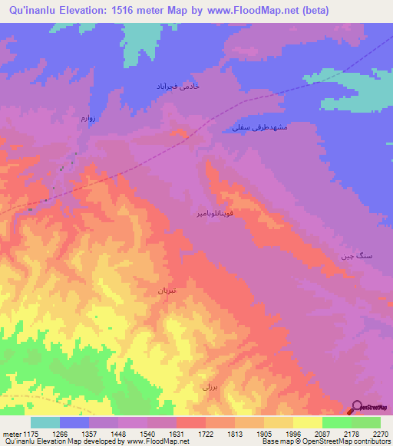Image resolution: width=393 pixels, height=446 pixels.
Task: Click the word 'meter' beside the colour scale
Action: (x=12, y=434)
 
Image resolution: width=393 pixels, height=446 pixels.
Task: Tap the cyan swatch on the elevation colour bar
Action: (x=45, y=422)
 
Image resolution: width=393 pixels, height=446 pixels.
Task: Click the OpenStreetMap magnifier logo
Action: (x=358, y=407)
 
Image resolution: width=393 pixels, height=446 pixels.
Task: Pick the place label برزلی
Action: (x=210, y=386)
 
